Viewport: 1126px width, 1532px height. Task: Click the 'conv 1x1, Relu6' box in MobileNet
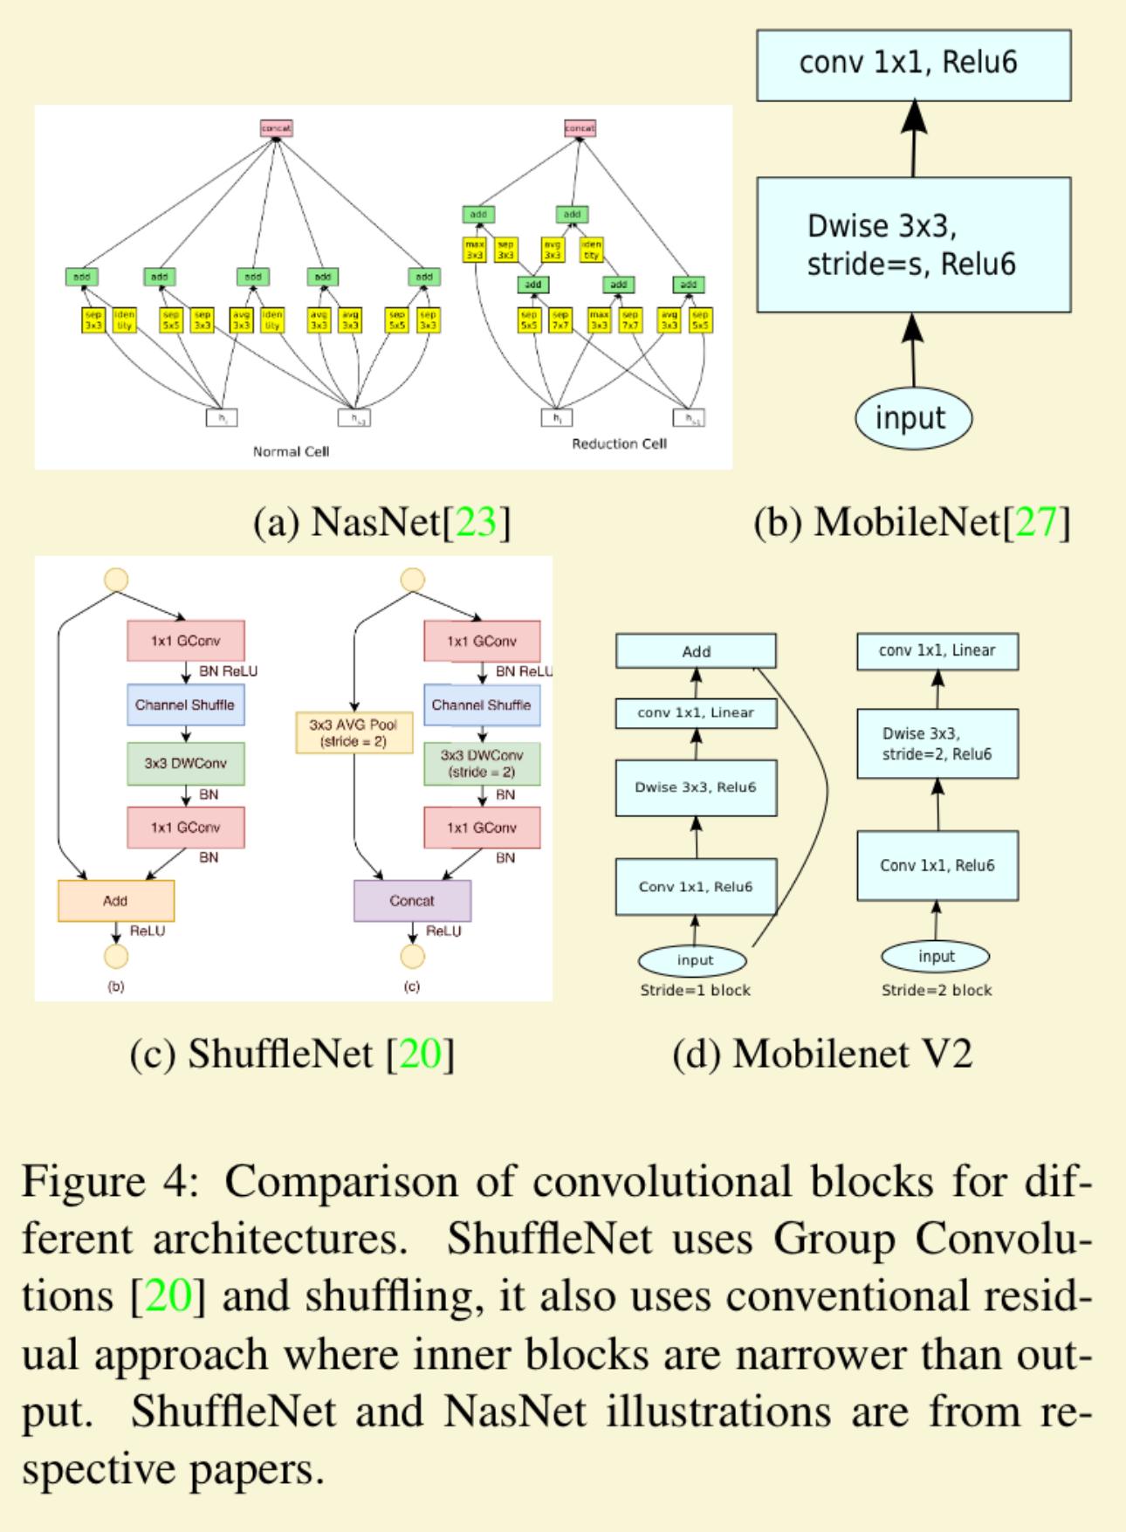913,65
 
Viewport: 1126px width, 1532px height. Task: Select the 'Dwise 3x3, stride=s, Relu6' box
913,245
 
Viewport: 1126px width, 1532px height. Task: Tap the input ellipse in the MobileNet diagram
912,419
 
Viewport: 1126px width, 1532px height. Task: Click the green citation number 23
476,522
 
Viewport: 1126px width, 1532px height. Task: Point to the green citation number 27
1035,522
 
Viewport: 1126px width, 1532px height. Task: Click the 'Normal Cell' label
291,451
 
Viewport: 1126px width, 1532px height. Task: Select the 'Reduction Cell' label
619,443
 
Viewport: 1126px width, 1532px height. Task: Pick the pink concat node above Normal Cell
276,128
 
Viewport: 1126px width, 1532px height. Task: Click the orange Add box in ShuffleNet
116,901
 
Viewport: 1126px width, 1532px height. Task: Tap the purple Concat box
412,901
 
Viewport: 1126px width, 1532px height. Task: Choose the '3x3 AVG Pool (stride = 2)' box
354,733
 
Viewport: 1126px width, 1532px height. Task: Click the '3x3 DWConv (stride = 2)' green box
482,764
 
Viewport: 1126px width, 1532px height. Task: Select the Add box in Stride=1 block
696,651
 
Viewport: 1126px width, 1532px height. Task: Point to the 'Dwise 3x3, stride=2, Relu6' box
937,744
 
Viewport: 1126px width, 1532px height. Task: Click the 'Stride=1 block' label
695,990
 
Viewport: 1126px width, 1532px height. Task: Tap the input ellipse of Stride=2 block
936,957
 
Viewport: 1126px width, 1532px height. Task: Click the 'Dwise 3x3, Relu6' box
696,787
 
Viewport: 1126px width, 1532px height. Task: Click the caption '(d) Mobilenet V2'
821,1055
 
